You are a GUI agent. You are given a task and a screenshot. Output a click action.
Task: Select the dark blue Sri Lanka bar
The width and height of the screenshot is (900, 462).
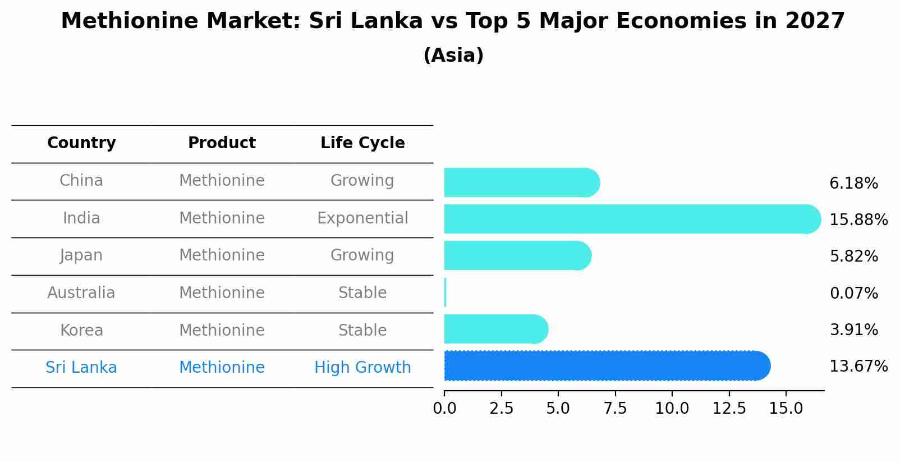coord(606,366)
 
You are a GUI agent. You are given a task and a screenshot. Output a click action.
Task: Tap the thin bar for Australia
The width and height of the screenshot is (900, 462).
coord(445,292)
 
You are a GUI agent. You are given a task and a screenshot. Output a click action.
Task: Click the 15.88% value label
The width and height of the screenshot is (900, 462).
coord(858,220)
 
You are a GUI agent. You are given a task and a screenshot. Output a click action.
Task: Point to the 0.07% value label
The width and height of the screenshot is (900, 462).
coord(853,293)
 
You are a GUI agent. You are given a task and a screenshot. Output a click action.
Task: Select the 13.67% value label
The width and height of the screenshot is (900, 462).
coord(858,367)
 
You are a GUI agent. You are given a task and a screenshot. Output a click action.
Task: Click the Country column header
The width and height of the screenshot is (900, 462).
coord(81,143)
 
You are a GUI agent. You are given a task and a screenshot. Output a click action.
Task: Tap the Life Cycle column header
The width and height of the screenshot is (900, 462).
coord(362,143)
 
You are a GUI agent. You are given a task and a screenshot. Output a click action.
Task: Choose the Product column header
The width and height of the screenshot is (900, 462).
coord(222,143)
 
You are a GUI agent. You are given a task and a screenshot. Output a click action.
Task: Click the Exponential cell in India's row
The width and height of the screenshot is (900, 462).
coord(362,218)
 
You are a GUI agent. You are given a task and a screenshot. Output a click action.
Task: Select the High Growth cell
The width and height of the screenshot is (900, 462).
coord(362,368)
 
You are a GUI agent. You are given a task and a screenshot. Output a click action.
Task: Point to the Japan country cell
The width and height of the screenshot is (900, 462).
coord(81,255)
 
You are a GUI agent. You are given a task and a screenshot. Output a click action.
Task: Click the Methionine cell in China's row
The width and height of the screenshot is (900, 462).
coord(222,181)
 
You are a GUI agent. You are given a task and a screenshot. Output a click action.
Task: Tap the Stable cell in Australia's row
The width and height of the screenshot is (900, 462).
coord(362,293)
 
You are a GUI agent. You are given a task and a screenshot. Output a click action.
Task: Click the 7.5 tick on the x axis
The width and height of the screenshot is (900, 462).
coord(615,409)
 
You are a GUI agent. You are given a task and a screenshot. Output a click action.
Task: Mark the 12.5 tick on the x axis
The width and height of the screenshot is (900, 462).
coord(729,409)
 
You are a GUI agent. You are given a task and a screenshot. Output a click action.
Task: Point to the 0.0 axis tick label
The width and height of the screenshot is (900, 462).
coord(444,409)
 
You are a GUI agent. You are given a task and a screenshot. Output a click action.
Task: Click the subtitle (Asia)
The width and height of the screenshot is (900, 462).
coord(453,56)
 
